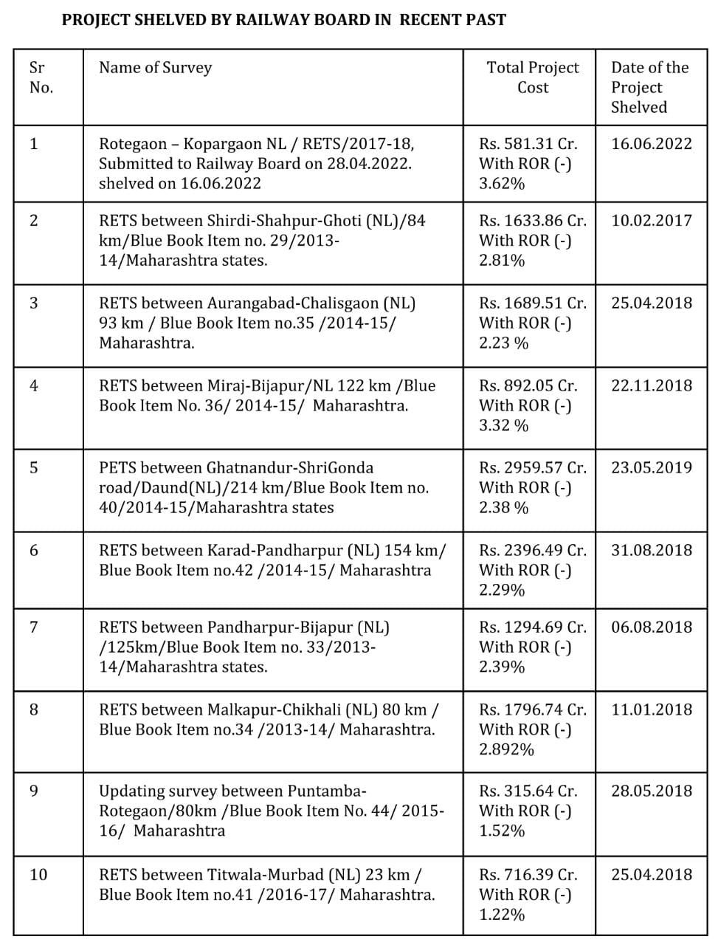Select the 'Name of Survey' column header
[x=155, y=68]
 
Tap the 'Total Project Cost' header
[x=533, y=78]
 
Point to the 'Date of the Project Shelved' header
[x=649, y=87]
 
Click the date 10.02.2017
[x=652, y=220]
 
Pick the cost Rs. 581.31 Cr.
[x=528, y=143]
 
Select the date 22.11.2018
[x=652, y=385]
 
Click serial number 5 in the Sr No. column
[x=34, y=467]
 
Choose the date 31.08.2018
[x=652, y=550]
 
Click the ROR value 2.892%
[x=506, y=749]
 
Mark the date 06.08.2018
[x=652, y=627]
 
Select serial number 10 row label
[x=38, y=875]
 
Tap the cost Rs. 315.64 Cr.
[x=528, y=791]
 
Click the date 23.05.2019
[x=652, y=467]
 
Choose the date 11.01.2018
[x=652, y=709]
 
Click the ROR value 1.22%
[x=502, y=915]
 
